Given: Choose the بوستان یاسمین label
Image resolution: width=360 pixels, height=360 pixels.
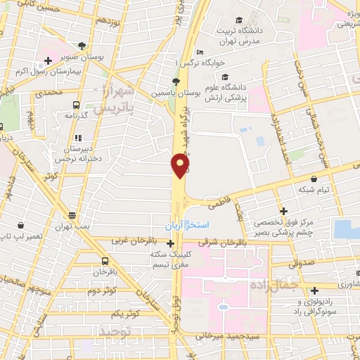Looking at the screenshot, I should [176, 92].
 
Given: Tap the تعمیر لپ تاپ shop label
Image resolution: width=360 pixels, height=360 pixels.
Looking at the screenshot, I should [25, 232].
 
